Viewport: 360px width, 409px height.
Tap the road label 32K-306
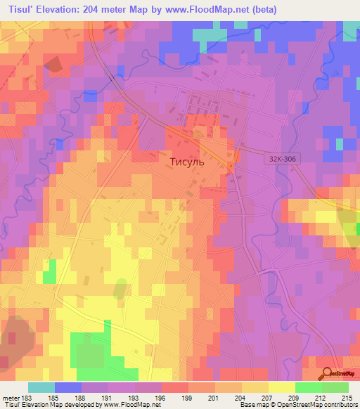[281, 160]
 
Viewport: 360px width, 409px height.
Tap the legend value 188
[90, 397]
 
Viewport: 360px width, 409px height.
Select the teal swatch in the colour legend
[41, 387]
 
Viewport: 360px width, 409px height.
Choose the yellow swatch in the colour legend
[282, 387]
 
